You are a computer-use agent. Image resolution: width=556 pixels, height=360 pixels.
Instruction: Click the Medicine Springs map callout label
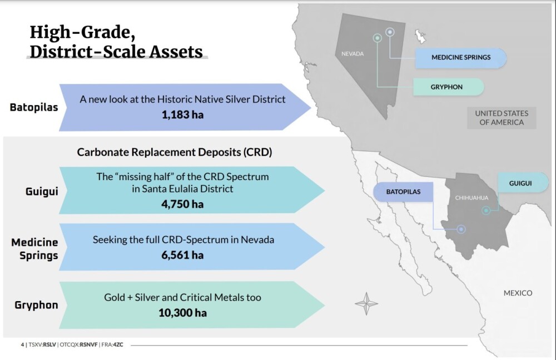(x=460, y=58)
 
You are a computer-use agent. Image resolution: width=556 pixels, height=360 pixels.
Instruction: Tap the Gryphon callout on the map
(x=448, y=87)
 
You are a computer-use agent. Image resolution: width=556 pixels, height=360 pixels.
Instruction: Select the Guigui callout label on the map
(x=523, y=183)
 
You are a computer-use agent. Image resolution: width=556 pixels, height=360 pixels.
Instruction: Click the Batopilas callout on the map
(x=403, y=192)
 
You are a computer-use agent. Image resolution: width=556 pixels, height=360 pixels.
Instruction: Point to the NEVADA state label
(x=353, y=54)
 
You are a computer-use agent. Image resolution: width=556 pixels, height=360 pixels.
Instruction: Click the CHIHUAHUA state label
(x=471, y=198)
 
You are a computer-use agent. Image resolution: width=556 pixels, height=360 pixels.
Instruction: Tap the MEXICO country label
(x=518, y=293)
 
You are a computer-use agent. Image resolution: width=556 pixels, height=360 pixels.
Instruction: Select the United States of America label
(x=502, y=118)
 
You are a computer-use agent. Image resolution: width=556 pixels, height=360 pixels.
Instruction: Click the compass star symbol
(x=366, y=304)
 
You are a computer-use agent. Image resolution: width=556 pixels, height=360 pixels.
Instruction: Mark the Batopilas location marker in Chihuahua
(x=461, y=229)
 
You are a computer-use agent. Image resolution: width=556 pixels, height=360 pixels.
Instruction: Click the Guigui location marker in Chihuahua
(x=486, y=211)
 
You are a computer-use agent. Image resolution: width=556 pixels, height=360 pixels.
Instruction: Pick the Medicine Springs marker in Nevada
(x=390, y=32)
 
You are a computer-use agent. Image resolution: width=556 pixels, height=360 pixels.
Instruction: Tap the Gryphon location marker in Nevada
(x=378, y=38)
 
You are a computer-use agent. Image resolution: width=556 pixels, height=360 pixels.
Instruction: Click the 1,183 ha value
(x=182, y=115)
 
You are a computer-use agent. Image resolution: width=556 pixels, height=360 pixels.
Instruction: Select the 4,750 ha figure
(x=182, y=204)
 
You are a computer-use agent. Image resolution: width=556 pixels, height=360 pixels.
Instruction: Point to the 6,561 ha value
(x=182, y=255)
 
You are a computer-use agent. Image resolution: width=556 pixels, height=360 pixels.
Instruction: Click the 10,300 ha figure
(x=182, y=313)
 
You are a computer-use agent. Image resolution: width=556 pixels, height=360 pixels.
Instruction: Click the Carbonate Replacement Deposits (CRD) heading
(x=175, y=152)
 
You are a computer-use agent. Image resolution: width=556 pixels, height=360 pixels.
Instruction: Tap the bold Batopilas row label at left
(x=34, y=107)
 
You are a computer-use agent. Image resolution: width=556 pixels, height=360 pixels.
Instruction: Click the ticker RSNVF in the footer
(x=88, y=344)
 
